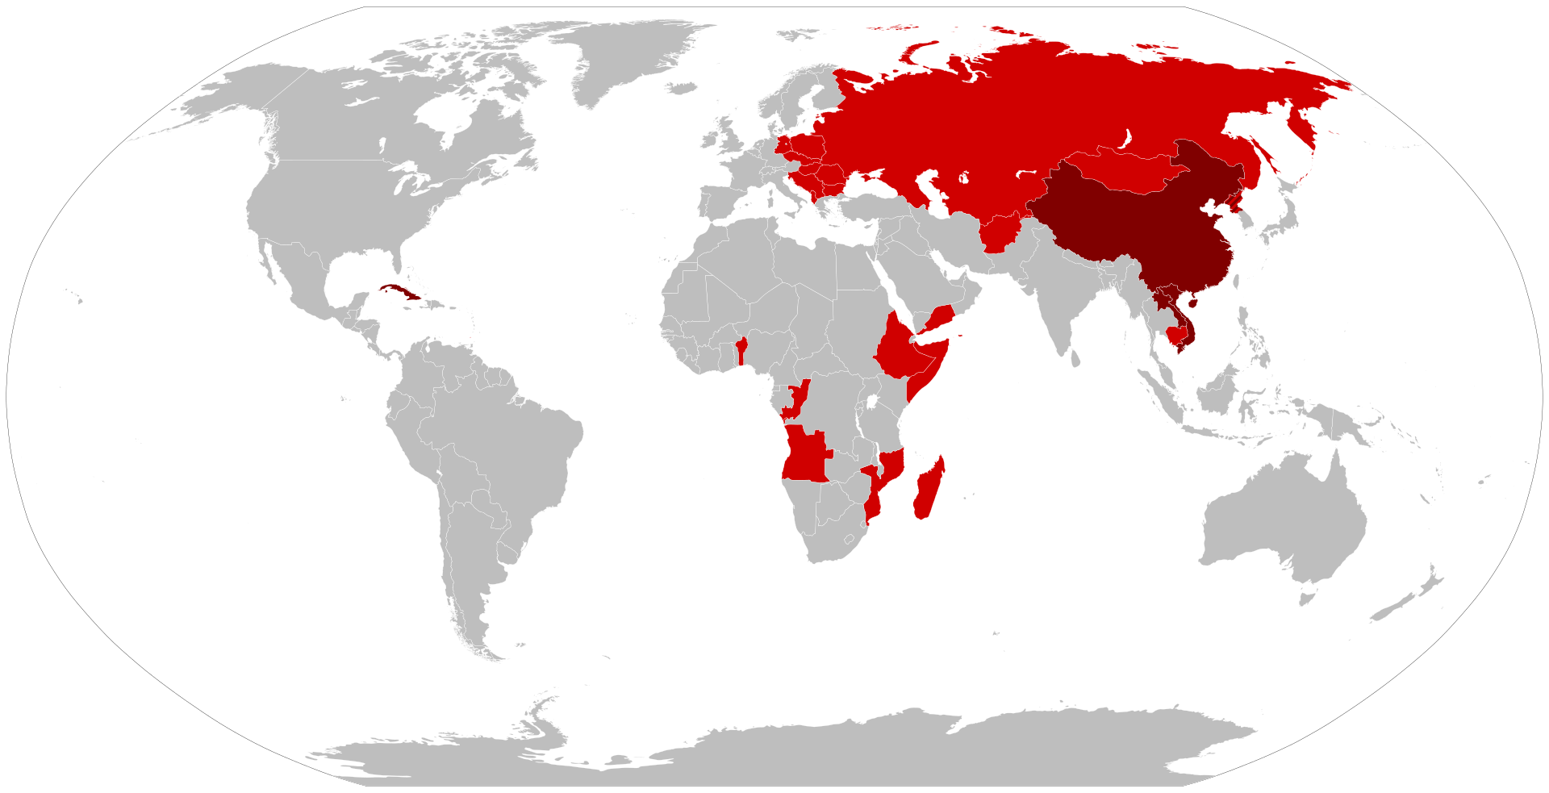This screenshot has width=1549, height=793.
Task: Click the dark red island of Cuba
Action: (399, 292)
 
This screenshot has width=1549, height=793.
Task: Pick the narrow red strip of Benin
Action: (741, 352)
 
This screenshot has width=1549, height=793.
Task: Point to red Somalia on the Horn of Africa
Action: (928, 367)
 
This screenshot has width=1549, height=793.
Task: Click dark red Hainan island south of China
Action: (1192, 304)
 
